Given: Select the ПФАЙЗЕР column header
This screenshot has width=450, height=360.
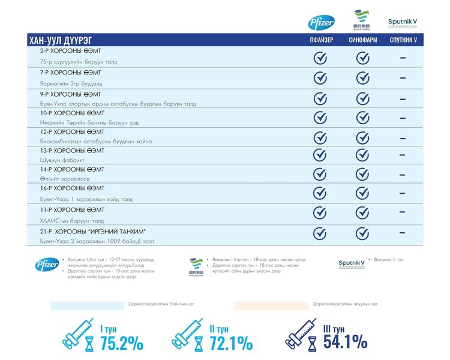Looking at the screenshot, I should tap(320, 40).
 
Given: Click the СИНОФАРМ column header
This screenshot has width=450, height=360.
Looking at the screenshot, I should tap(362, 40).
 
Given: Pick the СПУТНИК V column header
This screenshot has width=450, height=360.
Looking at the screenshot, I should tap(403, 40).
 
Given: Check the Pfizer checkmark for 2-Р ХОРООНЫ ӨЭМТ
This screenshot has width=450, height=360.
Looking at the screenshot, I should tap(320, 58).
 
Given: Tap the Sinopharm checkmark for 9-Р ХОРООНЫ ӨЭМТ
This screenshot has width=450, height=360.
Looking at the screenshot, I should tap(362, 98).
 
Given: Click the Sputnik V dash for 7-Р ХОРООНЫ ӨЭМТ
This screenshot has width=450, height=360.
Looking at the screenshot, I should tap(403, 77).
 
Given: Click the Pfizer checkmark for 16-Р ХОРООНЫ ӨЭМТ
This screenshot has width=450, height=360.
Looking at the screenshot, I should tap(320, 193).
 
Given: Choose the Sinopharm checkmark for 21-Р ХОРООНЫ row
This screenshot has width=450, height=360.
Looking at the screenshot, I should tap(362, 233).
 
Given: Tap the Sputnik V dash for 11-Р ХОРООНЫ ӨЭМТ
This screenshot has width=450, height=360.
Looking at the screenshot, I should tap(403, 212).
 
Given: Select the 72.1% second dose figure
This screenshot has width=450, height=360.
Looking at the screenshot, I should tap(231, 344).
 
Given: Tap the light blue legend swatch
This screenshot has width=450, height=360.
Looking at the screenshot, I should tap(88, 305).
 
